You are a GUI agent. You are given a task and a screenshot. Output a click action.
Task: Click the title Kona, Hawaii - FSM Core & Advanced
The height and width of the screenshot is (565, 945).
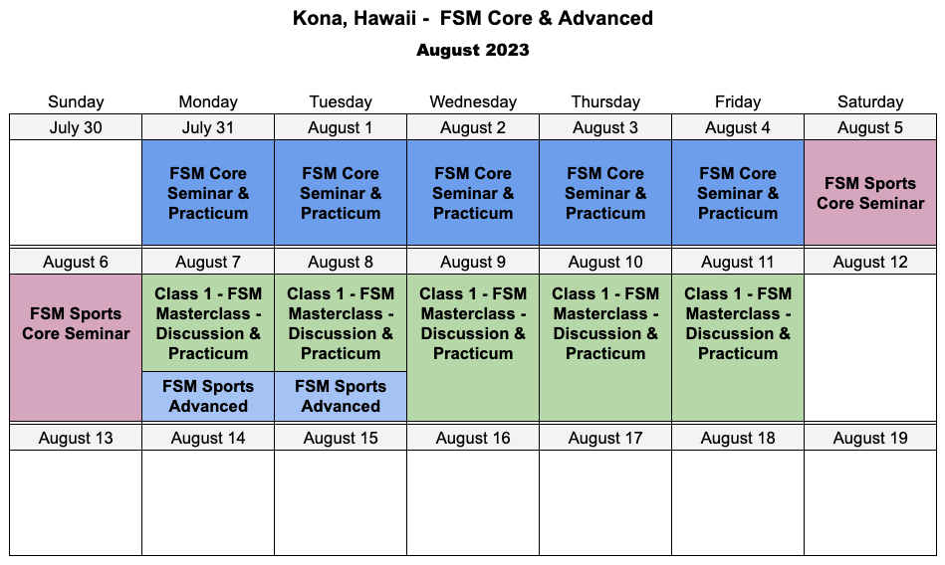click(472, 18)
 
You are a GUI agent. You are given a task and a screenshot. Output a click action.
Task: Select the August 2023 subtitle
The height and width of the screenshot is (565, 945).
click(472, 50)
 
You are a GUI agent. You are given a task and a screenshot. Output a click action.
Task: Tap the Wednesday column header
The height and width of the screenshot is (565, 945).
click(473, 101)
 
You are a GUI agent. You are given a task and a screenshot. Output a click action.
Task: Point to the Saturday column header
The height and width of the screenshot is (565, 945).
click(870, 101)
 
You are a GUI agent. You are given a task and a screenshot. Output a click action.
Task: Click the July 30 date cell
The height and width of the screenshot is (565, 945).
click(76, 127)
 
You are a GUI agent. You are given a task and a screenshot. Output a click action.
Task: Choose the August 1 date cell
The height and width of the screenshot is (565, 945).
click(341, 127)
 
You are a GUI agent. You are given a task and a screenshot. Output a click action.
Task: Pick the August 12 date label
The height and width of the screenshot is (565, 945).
click(870, 262)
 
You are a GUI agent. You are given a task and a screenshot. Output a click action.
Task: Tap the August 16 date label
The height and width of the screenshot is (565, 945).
click(473, 438)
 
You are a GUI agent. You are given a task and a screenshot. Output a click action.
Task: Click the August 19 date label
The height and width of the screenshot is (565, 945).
click(870, 438)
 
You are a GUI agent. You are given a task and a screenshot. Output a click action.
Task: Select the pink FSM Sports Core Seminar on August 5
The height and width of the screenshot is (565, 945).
click(870, 193)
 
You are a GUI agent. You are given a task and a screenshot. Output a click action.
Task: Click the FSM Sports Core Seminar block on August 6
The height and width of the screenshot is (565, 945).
click(76, 347)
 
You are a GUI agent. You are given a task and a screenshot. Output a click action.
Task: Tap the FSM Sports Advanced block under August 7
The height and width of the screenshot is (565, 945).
click(208, 396)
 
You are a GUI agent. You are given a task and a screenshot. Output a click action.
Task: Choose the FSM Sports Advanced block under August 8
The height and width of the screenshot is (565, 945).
click(341, 396)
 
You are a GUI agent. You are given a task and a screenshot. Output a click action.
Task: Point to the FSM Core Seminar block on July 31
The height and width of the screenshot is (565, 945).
click(208, 193)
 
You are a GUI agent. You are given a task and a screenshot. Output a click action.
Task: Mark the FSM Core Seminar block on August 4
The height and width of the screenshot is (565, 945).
click(738, 193)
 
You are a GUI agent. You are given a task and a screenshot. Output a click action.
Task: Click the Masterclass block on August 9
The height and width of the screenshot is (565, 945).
click(473, 347)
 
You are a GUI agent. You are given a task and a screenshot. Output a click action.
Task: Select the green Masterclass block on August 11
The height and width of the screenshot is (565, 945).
click(738, 347)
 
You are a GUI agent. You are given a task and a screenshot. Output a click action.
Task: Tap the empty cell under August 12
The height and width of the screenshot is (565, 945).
click(870, 347)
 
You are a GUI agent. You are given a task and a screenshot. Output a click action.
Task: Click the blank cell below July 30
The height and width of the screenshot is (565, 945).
click(76, 193)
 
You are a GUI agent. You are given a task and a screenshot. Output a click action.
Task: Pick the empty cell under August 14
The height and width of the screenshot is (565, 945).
click(208, 503)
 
